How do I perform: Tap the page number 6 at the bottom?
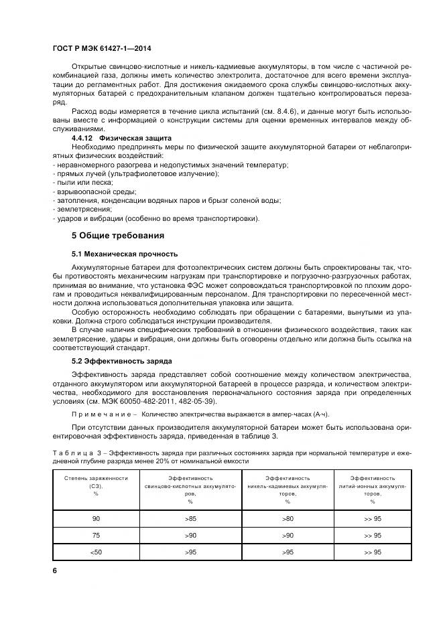(55, 570)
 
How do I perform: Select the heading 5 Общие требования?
(117, 236)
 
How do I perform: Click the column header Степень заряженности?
(96, 479)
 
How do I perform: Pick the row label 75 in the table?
(96, 535)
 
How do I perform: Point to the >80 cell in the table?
(287, 518)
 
